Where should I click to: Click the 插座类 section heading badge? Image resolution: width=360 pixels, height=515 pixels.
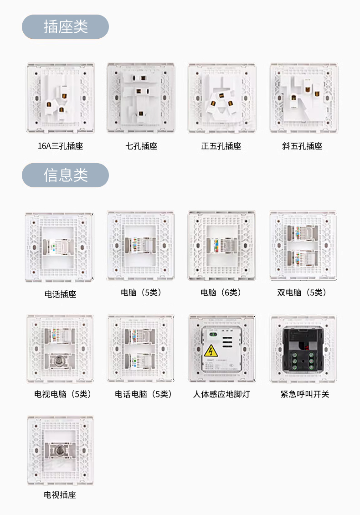(65, 27)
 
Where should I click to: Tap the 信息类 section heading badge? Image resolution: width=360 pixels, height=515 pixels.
(65, 175)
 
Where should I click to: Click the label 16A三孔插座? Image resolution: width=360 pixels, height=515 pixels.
(60, 146)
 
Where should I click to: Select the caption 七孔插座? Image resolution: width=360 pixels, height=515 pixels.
(141, 146)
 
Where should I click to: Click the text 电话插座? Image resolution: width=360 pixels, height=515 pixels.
(60, 294)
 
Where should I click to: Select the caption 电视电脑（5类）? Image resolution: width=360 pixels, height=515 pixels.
(63, 394)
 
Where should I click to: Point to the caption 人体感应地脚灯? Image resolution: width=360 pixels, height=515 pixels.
(221, 394)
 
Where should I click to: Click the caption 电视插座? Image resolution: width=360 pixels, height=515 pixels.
(60, 495)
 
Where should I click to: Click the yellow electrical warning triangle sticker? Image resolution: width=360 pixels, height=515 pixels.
(211, 350)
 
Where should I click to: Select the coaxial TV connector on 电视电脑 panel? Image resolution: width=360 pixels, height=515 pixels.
(59, 361)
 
